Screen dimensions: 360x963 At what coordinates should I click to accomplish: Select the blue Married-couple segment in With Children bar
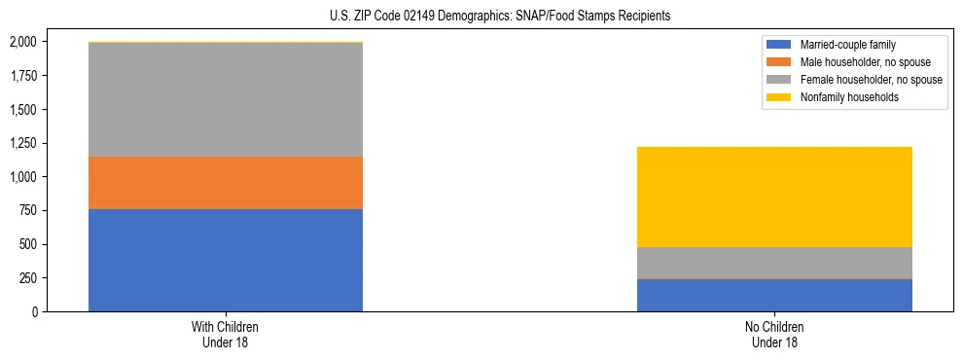(x=226, y=260)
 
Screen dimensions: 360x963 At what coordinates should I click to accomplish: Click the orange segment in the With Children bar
(x=226, y=183)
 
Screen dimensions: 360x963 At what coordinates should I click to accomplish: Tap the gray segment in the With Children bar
(x=226, y=99)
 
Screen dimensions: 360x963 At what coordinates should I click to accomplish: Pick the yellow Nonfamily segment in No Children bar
(x=774, y=197)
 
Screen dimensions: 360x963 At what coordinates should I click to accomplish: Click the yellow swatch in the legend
(x=780, y=97)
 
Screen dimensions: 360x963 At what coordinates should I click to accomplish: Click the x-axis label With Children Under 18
(x=226, y=335)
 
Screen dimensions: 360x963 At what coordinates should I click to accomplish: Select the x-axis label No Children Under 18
(x=774, y=335)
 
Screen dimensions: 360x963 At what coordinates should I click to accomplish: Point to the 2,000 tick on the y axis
(x=22, y=42)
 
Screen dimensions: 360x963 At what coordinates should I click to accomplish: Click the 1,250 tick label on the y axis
(x=22, y=143)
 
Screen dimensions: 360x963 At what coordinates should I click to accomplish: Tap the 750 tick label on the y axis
(x=28, y=210)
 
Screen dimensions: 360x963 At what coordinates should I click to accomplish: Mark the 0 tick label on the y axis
(x=35, y=311)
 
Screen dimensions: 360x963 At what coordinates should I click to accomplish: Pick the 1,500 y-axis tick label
(x=22, y=109)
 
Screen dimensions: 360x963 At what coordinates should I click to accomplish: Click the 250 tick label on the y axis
(x=28, y=277)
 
